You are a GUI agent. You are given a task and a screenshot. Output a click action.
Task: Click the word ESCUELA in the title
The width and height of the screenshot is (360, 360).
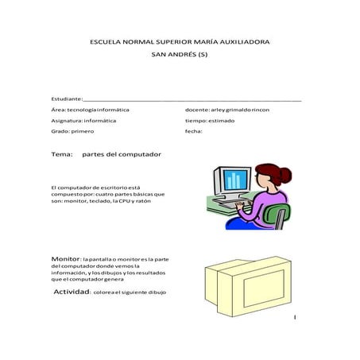pos(107,41)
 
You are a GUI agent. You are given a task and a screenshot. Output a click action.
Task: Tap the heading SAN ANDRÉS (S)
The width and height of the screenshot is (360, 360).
pos(180,56)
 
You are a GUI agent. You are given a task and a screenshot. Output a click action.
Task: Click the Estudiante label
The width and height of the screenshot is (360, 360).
pos(65,97)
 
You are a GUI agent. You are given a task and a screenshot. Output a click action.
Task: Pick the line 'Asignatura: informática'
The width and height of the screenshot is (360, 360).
pos(83,120)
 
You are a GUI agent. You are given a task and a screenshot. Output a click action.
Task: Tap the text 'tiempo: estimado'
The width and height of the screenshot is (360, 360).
pos(210,120)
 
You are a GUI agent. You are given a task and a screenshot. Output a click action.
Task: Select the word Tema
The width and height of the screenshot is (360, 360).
pos(62,153)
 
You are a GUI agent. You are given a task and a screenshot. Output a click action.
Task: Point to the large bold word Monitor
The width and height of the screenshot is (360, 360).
pos(65,259)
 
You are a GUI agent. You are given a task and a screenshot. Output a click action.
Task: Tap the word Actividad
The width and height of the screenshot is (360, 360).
pos(72,292)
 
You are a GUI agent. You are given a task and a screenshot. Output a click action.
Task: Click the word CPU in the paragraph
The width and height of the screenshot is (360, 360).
pos(126,201)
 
